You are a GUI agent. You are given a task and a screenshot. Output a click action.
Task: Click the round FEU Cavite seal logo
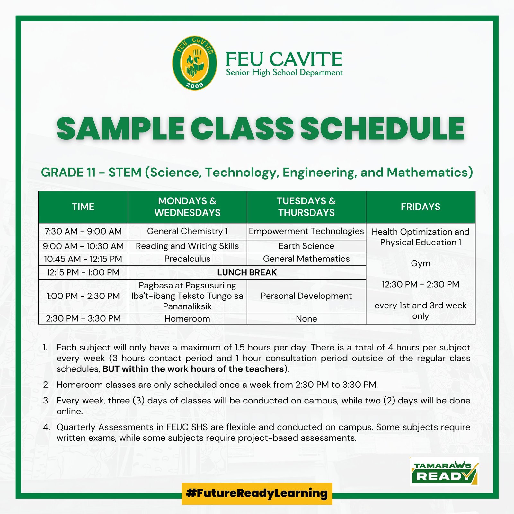pyautogui.click(x=194, y=63)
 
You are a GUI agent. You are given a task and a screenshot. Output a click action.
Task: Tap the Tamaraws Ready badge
pyautogui.click(x=444, y=472)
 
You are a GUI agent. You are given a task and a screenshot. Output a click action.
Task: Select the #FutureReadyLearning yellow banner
pyautogui.click(x=257, y=493)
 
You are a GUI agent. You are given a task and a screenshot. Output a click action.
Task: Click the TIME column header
pyautogui.click(x=83, y=207)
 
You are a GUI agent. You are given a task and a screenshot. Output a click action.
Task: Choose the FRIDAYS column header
pyautogui.click(x=421, y=207)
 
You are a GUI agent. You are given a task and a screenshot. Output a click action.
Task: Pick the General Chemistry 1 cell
pyautogui.click(x=187, y=231)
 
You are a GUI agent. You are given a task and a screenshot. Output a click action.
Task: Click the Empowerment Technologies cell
pyautogui.click(x=306, y=231)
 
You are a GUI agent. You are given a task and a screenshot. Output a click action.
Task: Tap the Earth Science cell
pyautogui.click(x=306, y=246)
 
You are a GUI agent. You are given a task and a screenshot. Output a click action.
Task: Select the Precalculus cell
pyautogui.click(x=187, y=259)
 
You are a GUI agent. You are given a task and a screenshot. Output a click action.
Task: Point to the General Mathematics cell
pyautogui.click(x=306, y=259)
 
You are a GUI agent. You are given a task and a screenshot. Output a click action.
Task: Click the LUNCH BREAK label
pyautogui.click(x=247, y=272)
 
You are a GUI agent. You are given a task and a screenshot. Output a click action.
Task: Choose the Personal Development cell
pyautogui.click(x=306, y=296)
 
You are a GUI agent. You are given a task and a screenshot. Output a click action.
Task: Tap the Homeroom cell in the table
pyautogui.click(x=187, y=319)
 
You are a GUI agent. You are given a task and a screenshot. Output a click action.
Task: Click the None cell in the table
pyautogui.click(x=306, y=319)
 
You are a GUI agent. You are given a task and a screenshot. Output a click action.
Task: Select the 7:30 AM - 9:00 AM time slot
pyautogui.click(x=83, y=231)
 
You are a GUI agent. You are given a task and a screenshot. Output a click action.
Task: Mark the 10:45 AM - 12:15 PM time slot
pyautogui.click(x=83, y=259)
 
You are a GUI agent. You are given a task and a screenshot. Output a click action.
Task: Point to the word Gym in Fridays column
pyautogui.click(x=421, y=264)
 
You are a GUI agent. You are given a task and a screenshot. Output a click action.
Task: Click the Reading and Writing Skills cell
pyautogui.click(x=187, y=246)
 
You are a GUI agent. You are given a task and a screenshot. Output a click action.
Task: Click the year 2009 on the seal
pyautogui.click(x=195, y=85)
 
